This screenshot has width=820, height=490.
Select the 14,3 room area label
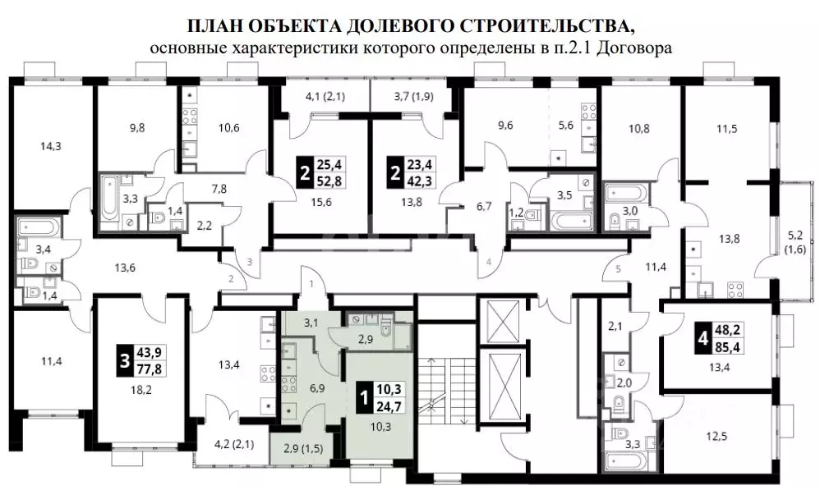[51, 148]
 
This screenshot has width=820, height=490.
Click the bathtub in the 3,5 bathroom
[568, 221]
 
